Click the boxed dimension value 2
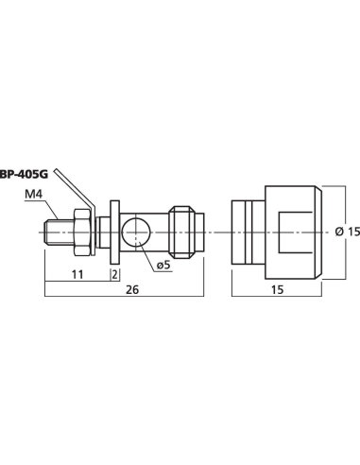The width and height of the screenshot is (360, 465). pyautogui.click(x=114, y=274)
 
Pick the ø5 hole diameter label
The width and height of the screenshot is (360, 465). pyautogui.click(x=162, y=265)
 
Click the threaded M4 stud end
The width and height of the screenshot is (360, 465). pyautogui.click(x=54, y=232)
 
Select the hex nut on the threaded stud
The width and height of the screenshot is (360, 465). pyautogui.click(x=78, y=232)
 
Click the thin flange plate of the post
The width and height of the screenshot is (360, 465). pyautogui.click(x=114, y=232)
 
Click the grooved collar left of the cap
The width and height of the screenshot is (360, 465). pyautogui.click(x=245, y=232)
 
